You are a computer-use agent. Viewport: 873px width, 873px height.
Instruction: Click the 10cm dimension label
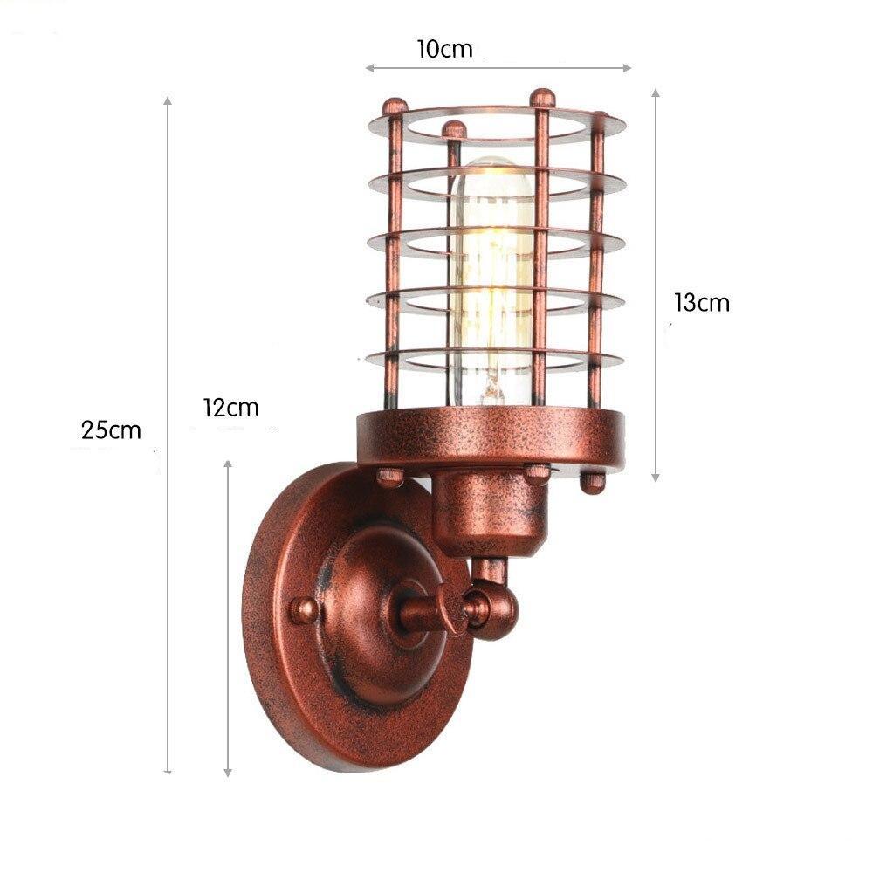pyautogui.click(x=444, y=49)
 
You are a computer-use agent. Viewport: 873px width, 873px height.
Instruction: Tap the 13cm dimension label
pyautogui.click(x=701, y=303)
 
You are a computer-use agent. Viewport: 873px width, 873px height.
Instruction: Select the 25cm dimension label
pyautogui.click(x=111, y=430)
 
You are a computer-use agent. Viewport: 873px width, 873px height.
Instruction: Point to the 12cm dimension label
pyautogui.click(x=230, y=407)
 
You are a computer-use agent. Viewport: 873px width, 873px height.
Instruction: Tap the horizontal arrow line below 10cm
pyautogui.click(x=498, y=67)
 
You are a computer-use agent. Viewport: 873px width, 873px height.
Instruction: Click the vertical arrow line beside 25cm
pyautogui.click(x=168, y=436)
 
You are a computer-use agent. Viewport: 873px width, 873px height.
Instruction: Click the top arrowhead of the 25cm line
pyautogui.click(x=168, y=101)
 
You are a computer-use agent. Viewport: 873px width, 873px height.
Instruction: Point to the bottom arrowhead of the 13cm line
pyautogui.click(x=656, y=477)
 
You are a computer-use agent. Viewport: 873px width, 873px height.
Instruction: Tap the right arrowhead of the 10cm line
pyautogui.click(x=627, y=67)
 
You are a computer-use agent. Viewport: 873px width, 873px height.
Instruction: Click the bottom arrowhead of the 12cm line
pyautogui.click(x=228, y=772)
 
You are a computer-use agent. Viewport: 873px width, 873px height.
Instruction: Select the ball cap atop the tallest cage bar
pyautogui.click(x=543, y=94)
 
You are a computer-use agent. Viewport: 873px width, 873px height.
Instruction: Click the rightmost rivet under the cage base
pyautogui.click(x=594, y=481)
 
